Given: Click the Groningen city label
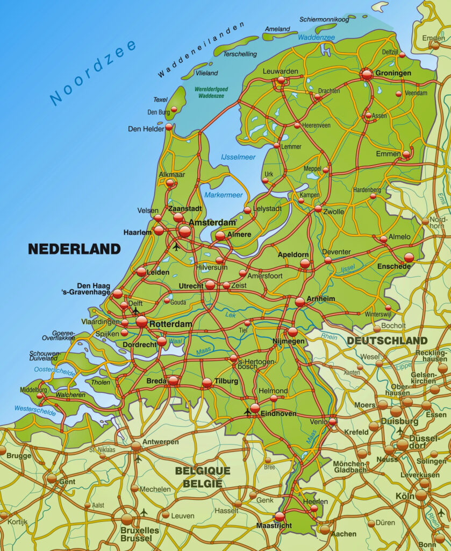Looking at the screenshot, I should tap(393, 73).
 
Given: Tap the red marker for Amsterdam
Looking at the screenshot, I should tap(184, 231).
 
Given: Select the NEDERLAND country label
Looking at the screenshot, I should tap(74, 249).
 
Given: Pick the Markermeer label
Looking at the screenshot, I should tap(223, 195).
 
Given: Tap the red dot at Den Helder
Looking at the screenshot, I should tap(169, 127).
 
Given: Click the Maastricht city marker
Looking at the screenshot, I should tap(280, 517).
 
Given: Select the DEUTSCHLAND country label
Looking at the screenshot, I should tap(387, 341).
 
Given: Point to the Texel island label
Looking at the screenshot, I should tap(161, 100).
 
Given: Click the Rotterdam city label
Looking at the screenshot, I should tap(170, 324).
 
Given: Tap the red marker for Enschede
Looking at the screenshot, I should tap(409, 257).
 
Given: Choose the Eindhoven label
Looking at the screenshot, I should tap(278, 414).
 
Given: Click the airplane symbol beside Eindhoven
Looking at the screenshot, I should tap(247, 413).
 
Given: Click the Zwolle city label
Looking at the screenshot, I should tap(333, 211).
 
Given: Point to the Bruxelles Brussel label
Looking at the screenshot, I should tap(140, 534).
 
